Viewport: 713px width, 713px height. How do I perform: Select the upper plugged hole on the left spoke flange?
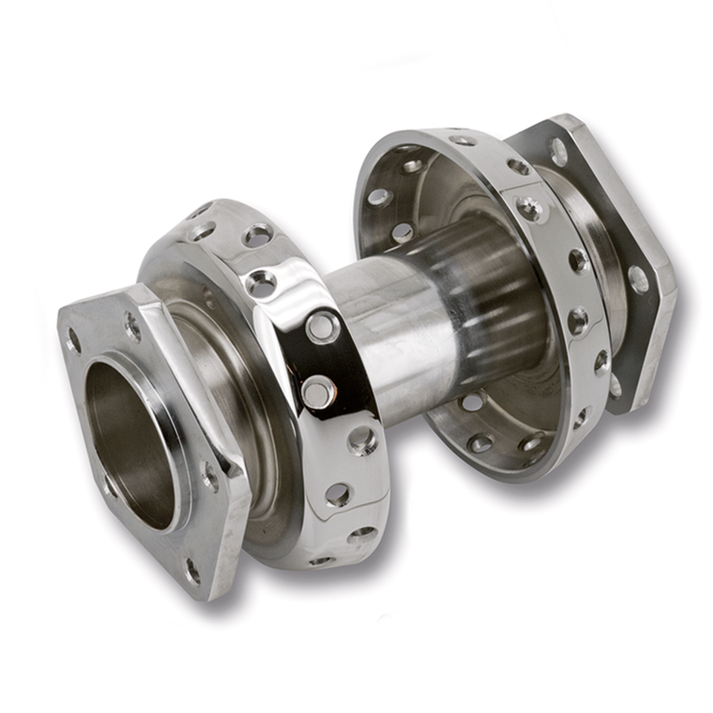pos(322,327)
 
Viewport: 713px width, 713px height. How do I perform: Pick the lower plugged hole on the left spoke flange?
pos(317,391)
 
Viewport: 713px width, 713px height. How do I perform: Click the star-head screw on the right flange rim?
pos(529,209)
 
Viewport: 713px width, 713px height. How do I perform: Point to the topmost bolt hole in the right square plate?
pos(559,152)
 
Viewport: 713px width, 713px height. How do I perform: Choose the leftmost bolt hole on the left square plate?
pos(74,341)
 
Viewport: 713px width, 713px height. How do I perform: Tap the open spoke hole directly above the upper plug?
pos(262,283)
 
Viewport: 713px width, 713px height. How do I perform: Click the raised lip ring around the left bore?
pos(178,446)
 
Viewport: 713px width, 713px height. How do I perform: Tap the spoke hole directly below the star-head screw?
pos(578,261)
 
